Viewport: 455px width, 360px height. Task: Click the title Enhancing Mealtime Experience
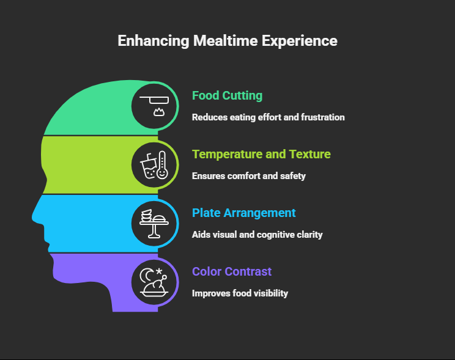pos(227,41)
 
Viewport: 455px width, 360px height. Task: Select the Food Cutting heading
pos(227,95)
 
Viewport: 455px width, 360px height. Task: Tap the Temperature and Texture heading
pos(261,154)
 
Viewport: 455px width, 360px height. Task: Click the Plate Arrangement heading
pos(243,213)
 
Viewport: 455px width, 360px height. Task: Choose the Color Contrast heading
pos(231,271)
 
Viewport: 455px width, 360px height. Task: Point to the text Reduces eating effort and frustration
pos(268,117)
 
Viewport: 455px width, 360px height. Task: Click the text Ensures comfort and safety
pos(248,175)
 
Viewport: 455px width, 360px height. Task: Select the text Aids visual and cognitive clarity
pos(257,234)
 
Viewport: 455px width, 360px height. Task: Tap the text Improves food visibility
pos(240,293)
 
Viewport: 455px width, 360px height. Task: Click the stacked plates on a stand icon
pos(154,224)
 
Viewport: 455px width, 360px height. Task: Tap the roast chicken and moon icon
pos(154,282)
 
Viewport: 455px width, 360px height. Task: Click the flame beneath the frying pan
pos(159,112)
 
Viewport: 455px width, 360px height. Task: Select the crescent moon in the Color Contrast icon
pos(147,276)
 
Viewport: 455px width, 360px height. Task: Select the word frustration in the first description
pos(324,117)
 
